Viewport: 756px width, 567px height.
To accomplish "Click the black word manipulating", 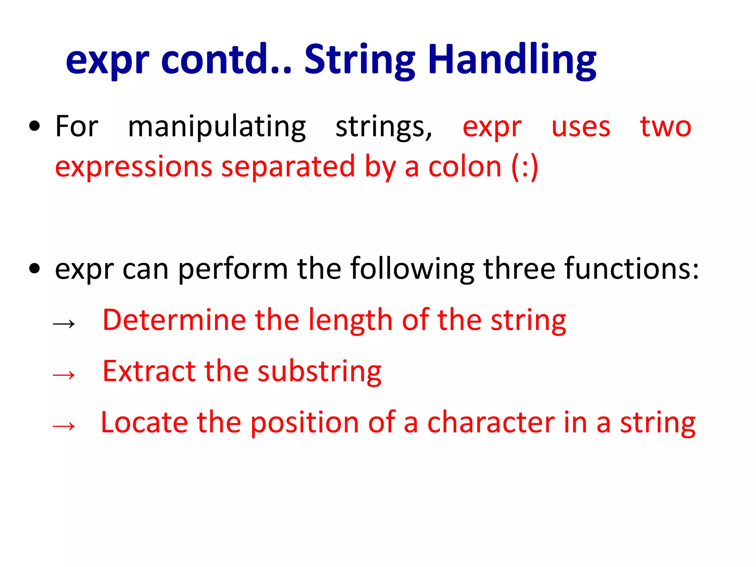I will [x=217, y=127].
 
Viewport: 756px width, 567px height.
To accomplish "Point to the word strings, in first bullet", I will [x=384, y=127].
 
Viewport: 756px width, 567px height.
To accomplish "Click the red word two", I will [x=665, y=127].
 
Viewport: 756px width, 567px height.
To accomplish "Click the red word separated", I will [x=288, y=167].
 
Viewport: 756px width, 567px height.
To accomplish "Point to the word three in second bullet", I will [x=519, y=268].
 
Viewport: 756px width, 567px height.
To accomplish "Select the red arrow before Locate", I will [x=64, y=426].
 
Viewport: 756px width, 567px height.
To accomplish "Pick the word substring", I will [x=319, y=371].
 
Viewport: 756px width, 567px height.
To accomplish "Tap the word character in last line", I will [x=491, y=422].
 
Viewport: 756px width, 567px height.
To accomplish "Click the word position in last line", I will [x=305, y=423].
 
